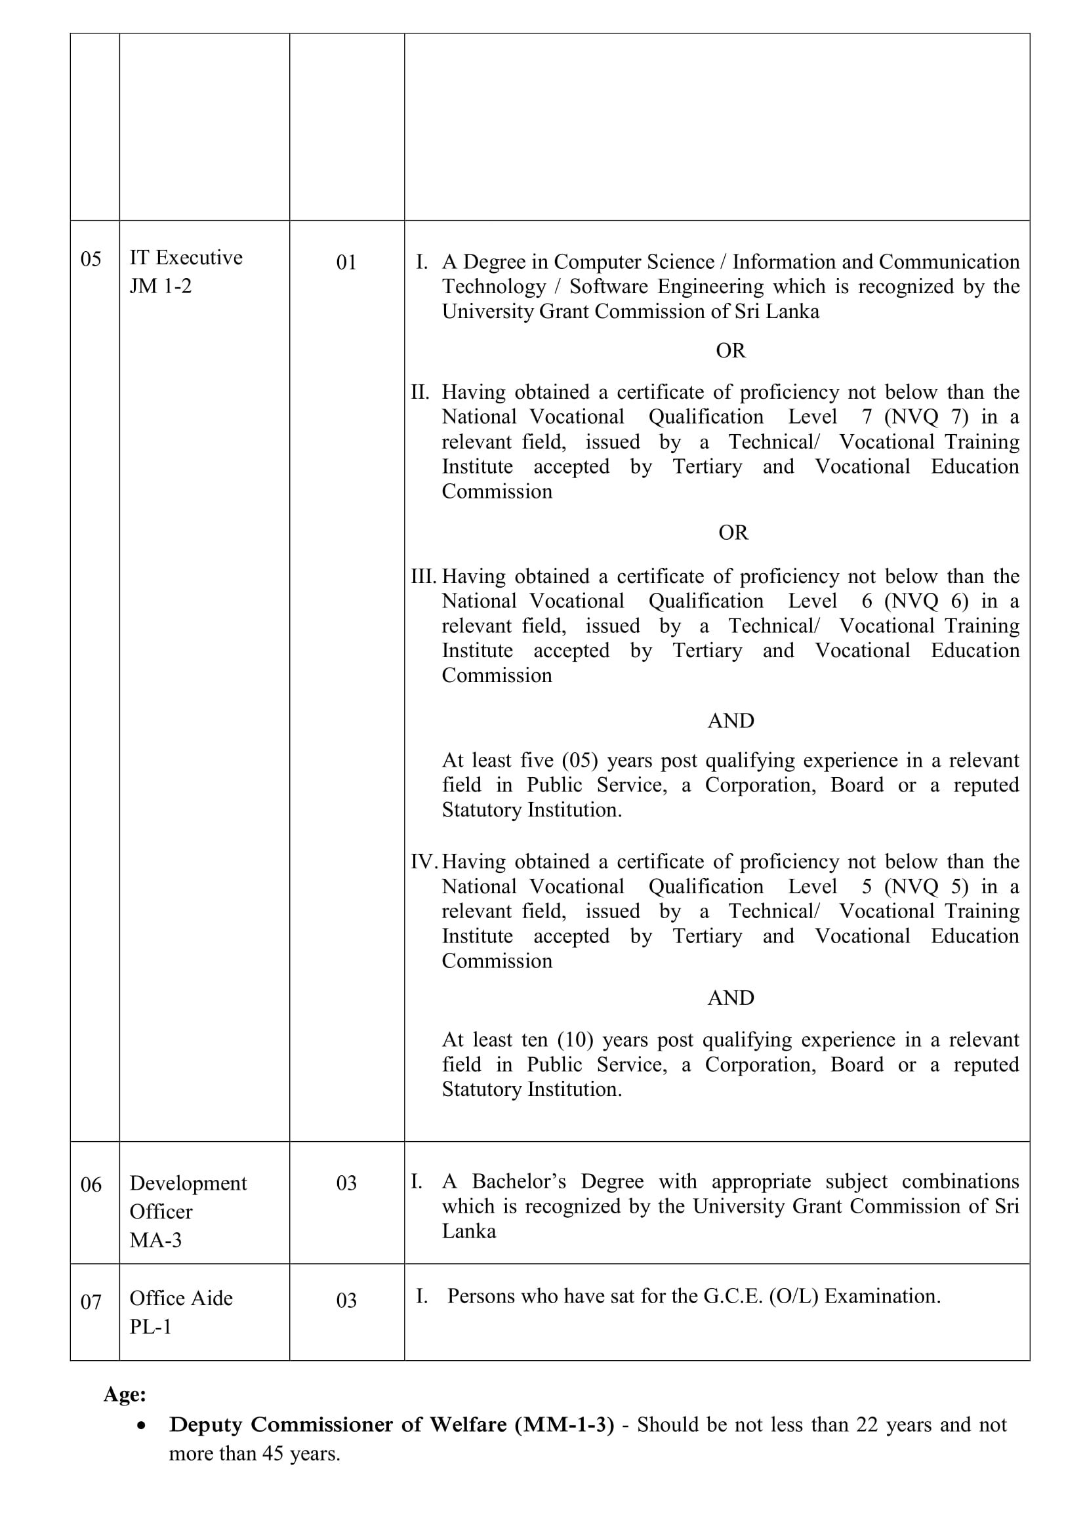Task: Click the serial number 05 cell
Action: [x=91, y=259]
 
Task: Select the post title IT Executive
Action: [x=186, y=258]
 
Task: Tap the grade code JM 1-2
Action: [x=160, y=286]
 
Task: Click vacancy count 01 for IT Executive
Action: [x=346, y=262]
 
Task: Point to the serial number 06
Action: [x=91, y=1184]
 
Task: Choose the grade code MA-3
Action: [x=155, y=1240]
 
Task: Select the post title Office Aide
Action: [x=181, y=1298]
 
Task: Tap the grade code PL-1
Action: [x=150, y=1326]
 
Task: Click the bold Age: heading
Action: [x=125, y=1394]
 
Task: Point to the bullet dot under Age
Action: [x=140, y=1426]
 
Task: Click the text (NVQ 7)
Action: [x=926, y=417]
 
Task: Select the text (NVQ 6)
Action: [x=926, y=601]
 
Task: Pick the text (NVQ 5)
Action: [x=926, y=887]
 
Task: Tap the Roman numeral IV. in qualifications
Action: [x=424, y=862]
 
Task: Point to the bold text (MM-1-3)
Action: [x=564, y=1425]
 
